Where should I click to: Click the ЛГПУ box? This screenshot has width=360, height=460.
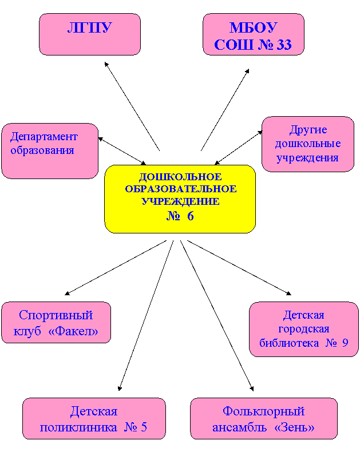[x=90, y=34]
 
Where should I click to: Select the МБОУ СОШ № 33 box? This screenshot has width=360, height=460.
[x=254, y=34]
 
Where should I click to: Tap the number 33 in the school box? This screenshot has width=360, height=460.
[x=284, y=45]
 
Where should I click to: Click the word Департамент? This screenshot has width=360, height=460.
[x=44, y=137]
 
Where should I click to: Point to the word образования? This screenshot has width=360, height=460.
[x=42, y=150]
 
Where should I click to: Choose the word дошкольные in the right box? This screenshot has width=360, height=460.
[x=308, y=144]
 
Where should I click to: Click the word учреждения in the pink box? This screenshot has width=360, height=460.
[x=307, y=158]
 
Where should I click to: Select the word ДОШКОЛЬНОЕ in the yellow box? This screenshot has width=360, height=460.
[x=180, y=177]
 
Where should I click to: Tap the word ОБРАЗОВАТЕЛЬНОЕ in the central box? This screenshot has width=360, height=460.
[x=181, y=189]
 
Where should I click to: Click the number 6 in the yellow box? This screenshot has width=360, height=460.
[x=190, y=216]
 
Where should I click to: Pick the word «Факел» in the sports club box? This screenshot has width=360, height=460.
[x=73, y=331]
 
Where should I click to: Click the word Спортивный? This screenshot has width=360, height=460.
[x=56, y=316]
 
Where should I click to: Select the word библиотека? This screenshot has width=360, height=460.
[x=289, y=343]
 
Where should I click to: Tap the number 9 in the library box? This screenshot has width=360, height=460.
[x=345, y=343]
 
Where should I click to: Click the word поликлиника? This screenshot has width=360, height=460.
[x=78, y=427]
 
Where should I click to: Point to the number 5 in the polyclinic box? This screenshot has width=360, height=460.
[x=144, y=427]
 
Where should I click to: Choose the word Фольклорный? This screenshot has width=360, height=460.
[x=263, y=411]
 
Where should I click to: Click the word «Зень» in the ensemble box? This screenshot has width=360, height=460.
[x=295, y=427]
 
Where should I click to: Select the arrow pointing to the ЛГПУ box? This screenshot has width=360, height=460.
[x=132, y=106]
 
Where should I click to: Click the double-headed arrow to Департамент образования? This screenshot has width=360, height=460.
[x=122, y=151]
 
